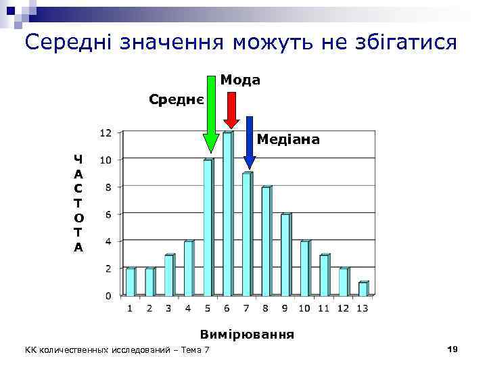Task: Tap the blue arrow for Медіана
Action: (250, 142)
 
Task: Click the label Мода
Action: (240, 80)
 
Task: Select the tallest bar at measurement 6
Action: (227, 214)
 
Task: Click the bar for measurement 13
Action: (363, 289)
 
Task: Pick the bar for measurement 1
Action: (131, 282)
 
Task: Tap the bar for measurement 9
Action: (285, 255)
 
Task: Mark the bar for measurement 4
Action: (189, 268)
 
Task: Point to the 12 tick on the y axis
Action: (106, 132)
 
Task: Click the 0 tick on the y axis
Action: (108, 296)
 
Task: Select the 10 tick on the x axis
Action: (304, 309)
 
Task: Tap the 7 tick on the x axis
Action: (246, 309)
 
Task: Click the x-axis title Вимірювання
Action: (246, 334)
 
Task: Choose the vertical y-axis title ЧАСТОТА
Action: (79, 203)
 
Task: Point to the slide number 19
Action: (453, 349)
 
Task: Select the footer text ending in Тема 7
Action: (117, 349)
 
